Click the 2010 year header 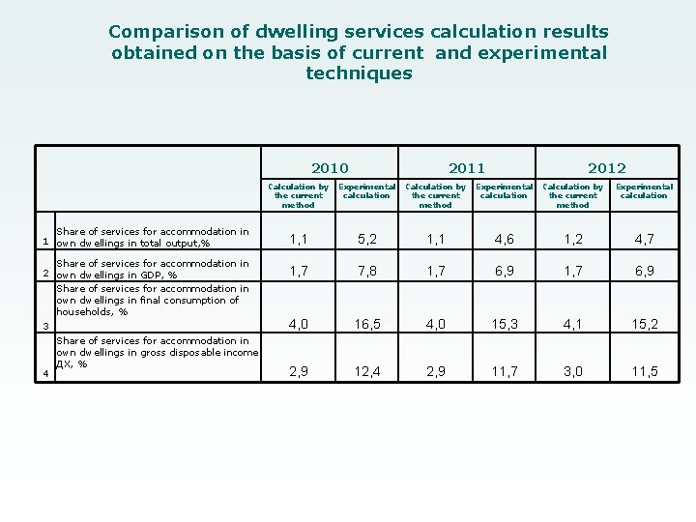point(331,167)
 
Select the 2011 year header point(467,167)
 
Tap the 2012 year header point(607,167)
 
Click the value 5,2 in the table point(367,239)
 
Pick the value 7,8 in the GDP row point(367,272)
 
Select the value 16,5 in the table point(367,325)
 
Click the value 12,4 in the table point(367,371)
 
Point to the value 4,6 point(504,239)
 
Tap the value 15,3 point(504,325)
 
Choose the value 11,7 point(504,371)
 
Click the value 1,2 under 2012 point(573,239)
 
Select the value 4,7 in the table point(644,239)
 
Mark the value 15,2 point(644,325)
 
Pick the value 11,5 point(644,371)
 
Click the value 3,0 point(573,371)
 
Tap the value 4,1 point(573,325)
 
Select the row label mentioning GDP point(152,269)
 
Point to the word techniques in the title point(359,73)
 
